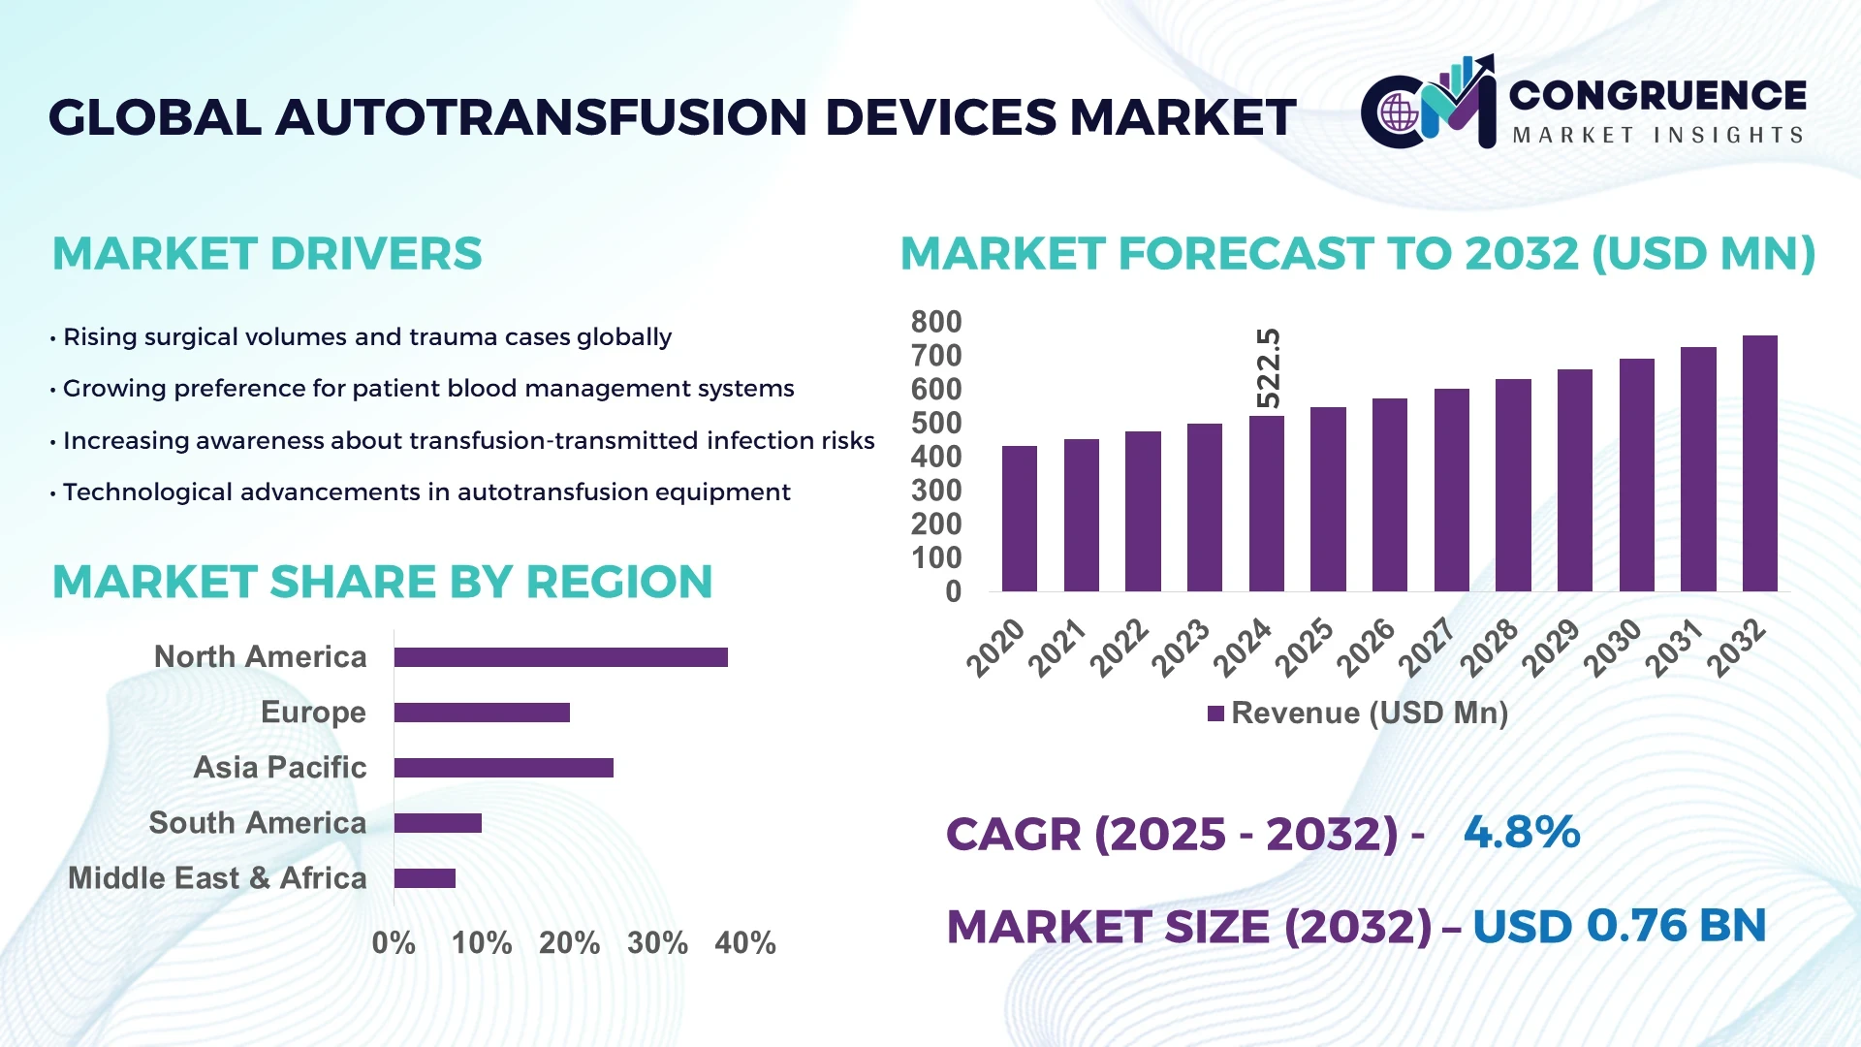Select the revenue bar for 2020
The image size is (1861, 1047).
pyautogui.click(x=1019, y=519)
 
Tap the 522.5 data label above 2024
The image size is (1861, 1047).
pyautogui.click(x=1268, y=368)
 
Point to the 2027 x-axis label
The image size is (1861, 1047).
pyautogui.click(x=1427, y=648)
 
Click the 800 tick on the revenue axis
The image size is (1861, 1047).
pyautogui.click(x=935, y=322)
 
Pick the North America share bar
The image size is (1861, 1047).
pyautogui.click(x=560, y=657)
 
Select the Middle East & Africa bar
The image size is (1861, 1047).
pyautogui.click(x=425, y=878)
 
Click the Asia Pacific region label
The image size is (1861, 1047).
pyautogui.click(x=280, y=767)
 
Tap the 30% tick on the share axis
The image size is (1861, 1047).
pyautogui.click(x=657, y=942)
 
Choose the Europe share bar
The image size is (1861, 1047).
pyautogui.click(x=482, y=713)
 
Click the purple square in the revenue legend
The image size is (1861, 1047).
pyautogui.click(x=1215, y=714)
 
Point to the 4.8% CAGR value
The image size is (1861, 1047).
pyautogui.click(x=1521, y=832)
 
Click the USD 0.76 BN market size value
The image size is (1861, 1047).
pyautogui.click(x=1619, y=926)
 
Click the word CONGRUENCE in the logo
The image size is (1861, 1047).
pyautogui.click(x=1657, y=95)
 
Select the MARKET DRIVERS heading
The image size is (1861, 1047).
pyautogui.click(x=267, y=254)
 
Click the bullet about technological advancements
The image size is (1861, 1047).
pyautogui.click(x=426, y=492)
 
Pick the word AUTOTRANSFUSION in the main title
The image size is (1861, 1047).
pyautogui.click(x=541, y=117)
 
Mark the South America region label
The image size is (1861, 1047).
pyautogui.click(x=257, y=822)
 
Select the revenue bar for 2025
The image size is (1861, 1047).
pyautogui.click(x=1328, y=499)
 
